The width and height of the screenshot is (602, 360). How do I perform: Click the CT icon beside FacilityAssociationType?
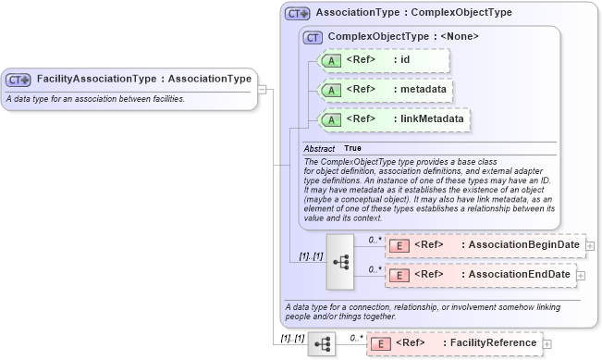pyautogui.click(x=18, y=80)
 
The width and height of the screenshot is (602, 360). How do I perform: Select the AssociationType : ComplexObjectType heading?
pyautogui.click(x=413, y=14)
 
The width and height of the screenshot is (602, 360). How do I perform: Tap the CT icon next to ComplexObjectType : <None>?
pyautogui.click(x=313, y=36)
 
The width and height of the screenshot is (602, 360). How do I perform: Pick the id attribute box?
pyautogui.click(x=383, y=61)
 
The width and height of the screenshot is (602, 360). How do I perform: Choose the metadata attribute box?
pyautogui.click(x=385, y=90)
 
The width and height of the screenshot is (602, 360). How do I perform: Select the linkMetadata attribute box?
pyautogui.click(x=393, y=119)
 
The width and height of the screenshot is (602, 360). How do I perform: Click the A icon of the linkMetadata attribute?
pyautogui.click(x=330, y=119)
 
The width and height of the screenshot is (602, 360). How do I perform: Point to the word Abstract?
pyautogui.click(x=319, y=148)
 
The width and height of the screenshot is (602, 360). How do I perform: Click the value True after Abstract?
pyautogui.click(x=353, y=148)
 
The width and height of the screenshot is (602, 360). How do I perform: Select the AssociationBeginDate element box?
pyautogui.click(x=485, y=245)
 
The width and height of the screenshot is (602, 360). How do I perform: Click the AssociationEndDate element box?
pyautogui.click(x=480, y=275)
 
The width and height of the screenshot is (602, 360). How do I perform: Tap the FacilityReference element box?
pyautogui.click(x=454, y=343)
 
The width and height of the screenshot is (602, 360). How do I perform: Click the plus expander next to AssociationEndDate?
pyautogui.click(x=581, y=275)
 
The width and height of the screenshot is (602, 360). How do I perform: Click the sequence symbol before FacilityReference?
pyautogui.click(x=322, y=343)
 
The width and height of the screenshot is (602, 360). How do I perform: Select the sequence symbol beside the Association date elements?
pyautogui.click(x=340, y=261)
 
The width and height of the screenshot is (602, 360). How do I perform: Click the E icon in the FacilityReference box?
pyautogui.click(x=379, y=343)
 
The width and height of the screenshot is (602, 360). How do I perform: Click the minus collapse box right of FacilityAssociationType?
pyautogui.click(x=263, y=90)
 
